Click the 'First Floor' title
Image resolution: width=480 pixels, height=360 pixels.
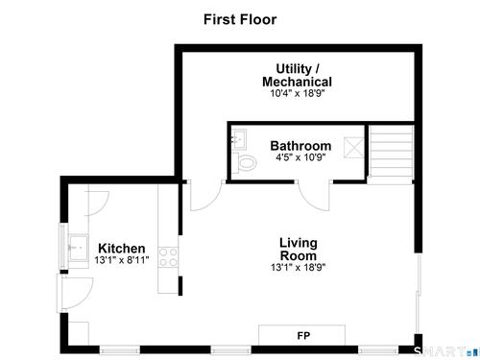(x=240, y=19)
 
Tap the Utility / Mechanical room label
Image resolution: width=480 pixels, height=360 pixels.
(x=297, y=76)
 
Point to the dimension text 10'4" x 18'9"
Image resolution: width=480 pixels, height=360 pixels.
(x=298, y=93)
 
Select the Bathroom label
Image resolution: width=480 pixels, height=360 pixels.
(x=300, y=146)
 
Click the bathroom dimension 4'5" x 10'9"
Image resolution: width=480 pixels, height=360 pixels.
(x=300, y=157)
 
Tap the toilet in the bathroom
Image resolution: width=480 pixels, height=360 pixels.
(x=244, y=163)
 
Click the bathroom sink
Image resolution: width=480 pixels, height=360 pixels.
(x=239, y=139)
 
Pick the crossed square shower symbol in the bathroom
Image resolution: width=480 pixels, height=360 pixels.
(x=353, y=148)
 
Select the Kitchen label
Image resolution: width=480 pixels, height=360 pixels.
(x=122, y=249)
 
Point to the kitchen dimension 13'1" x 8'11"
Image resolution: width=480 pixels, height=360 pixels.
(x=122, y=260)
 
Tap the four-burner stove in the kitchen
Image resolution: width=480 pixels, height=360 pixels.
(x=168, y=257)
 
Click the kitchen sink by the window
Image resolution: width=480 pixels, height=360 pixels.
(x=79, y=249)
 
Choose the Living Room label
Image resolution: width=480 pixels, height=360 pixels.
(x=299, y=249)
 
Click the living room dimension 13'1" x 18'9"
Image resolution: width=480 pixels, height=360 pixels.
(x=299, y=267)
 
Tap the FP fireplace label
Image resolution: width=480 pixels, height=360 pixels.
(x=303, y=336)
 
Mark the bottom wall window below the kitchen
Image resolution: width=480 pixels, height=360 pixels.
(x=119, y=350)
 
